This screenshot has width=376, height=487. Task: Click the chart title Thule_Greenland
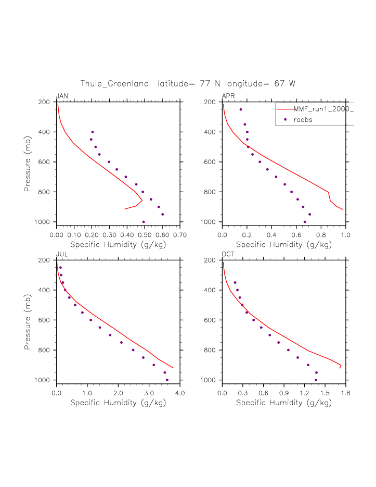pyautogui.click(x=114, y=84)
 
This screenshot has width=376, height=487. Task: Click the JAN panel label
pyautogui.click(x=62, y=96)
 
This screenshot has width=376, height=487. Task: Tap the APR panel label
pyautogui.click(x=228, y=96)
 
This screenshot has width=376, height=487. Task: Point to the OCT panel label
pyautogui.click(x=229, y=254)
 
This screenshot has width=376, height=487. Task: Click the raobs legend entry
pyautogui.click(x=305, y=120)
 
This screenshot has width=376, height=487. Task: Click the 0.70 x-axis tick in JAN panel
pyautogui.click(x=180, y=235)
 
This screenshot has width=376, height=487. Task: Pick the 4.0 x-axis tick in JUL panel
pyautogui.click(x=180, y=393)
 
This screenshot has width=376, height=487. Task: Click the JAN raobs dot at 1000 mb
pyautogui.click(x=144, y=222)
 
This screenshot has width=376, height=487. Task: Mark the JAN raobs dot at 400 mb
pyautogui.click(x=93, y=132)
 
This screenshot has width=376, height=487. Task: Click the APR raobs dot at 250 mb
pyautogui.click(x=241, y=109)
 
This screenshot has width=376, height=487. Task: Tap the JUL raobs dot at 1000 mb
pyautogui.click(x=167, y=380)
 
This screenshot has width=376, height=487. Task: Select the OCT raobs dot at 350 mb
pyautogui.click(x=235, y=282)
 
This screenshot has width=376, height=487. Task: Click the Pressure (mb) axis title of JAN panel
pyautogui.click(x=28, y=161)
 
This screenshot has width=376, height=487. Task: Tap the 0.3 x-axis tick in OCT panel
pyautogui.click(x=243, y=393)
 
